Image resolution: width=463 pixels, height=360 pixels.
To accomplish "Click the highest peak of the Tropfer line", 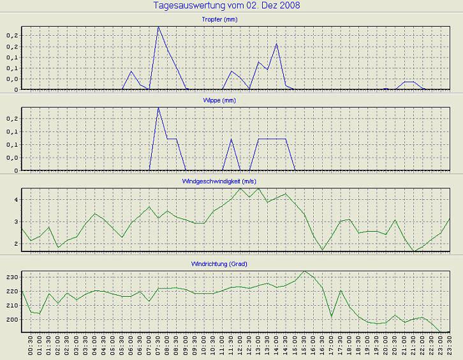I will (x=158, y=27).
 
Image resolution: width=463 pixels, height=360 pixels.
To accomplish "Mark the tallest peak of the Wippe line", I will (x=158, y=108).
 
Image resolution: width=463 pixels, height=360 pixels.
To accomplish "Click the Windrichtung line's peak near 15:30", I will (x=304, y=271).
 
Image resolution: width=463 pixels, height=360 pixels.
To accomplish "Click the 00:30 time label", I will (x=31, y=345).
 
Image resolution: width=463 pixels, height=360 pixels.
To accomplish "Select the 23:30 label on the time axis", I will (x=450, y=345).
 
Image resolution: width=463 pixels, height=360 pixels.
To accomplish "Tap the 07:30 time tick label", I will (x=158, y=345).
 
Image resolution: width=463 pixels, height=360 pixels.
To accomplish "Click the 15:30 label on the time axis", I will (x=304, y=345).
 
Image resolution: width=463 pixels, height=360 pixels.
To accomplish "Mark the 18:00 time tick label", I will (x=349, y=345).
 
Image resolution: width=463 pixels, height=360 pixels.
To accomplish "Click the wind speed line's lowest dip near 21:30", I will (x=414, y=251).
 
